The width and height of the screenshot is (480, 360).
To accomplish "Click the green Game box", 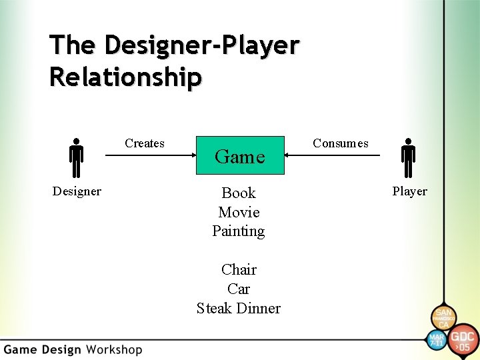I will (x=240, y=155).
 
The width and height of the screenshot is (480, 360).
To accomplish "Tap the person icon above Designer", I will (x=77, y=159).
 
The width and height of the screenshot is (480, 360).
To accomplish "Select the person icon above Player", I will (x=408, y=159).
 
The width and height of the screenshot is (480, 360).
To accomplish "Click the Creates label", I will (x=145, y=143).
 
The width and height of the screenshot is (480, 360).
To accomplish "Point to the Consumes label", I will (x=340, y=143).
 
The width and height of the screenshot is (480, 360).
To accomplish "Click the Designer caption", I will (x=77, y=191).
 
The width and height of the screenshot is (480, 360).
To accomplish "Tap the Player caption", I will (x=409, y=191).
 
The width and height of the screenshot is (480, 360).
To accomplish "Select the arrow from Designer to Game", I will (x=150, y=155).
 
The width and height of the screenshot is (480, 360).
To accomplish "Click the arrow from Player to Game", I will (x=332, y=155).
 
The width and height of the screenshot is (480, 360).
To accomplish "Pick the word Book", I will (x=239, y=193).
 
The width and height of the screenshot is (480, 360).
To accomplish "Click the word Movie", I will (x=239, y=212).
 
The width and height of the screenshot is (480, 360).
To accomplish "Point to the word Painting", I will (x=239, y=231).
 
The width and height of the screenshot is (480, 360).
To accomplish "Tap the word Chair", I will (x=239, y=269).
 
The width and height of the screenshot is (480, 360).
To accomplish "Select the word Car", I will (x=239, y=289).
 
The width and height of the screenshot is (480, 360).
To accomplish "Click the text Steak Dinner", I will (x=239, y=308).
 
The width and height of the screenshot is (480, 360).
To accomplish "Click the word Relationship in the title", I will (x=125, y=77).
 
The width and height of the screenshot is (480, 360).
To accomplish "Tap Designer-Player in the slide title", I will (x=201, y=45).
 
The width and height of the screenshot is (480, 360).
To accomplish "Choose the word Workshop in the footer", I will (x=114, y=349).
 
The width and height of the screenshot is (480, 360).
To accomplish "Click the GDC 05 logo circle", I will (x=463, y=339).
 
